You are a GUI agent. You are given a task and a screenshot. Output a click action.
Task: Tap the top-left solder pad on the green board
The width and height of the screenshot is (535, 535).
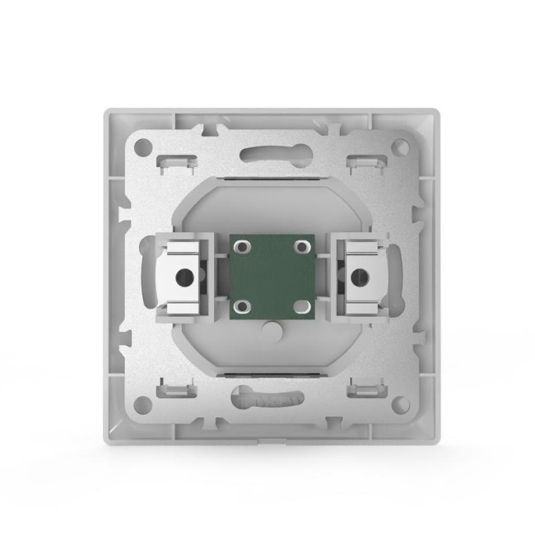pyautogui.click(x=241, y=246)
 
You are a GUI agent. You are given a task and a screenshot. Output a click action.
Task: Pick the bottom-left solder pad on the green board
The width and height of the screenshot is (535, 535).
pyautogui.click(x=241, y=307)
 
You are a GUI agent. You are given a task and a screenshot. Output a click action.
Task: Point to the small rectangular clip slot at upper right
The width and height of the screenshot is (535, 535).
pyautogui.click(x=361, y=158)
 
